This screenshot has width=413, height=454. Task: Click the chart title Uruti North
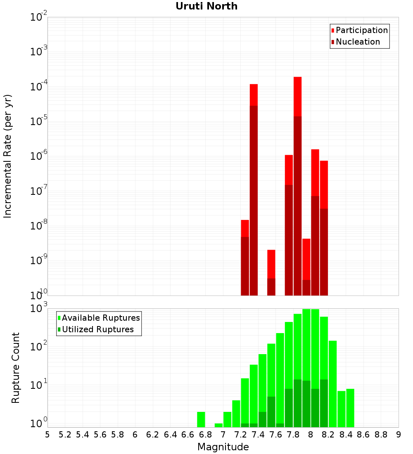(206, 7)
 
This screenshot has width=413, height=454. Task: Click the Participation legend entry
(361, 31)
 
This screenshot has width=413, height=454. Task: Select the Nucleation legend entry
(357, 42)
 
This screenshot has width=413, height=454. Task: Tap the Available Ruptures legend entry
(100, 318)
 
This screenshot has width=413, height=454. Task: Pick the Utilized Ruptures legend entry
(97, 329)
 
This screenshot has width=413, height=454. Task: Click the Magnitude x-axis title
(223, 447)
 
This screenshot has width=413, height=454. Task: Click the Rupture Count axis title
(16, 367)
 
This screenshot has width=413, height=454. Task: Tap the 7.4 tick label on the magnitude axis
(258, 435)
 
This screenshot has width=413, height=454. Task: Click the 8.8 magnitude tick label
(381, 435)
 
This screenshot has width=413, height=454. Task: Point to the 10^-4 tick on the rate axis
(39, 87)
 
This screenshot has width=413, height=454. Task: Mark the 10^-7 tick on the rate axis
(39, 191)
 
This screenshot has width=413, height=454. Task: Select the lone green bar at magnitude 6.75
(201, 419)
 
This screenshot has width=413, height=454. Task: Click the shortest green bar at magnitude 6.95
(218, 425)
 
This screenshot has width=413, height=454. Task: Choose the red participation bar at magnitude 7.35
(254, 95)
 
